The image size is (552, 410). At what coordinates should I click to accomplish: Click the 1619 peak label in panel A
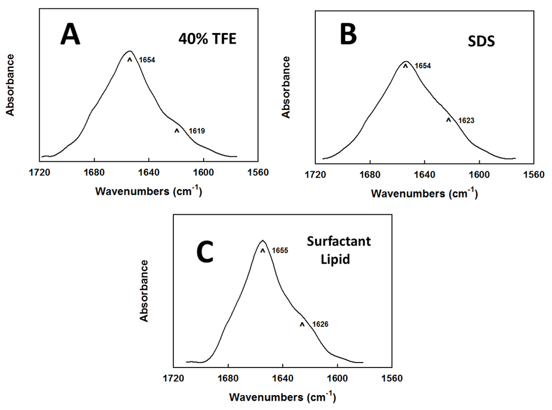(198, 131)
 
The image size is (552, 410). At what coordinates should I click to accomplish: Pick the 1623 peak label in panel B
(466, 120)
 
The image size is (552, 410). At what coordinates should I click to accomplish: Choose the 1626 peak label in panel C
(320, 324)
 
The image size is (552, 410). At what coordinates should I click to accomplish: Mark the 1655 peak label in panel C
(280, 251)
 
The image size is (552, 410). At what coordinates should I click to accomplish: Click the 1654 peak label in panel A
(147, 59)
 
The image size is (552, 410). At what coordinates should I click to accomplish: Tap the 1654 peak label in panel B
(422, 66)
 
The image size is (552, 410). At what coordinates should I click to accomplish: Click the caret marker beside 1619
(177, 131)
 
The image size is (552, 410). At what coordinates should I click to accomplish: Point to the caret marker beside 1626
(302, 324)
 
